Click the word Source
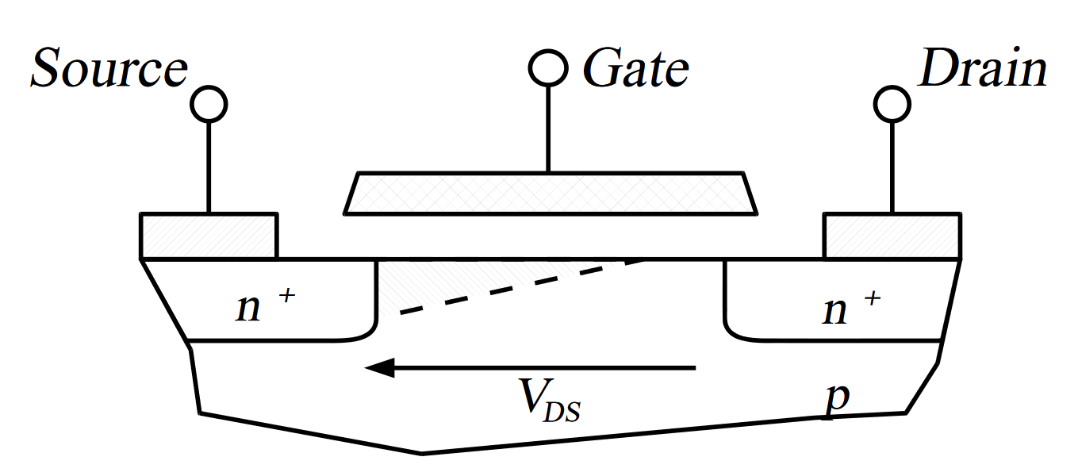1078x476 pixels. pos(109,70)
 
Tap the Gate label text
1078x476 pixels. pos(635,70)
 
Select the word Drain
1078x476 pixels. pos(982,70)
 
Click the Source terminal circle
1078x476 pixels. pos(209,104)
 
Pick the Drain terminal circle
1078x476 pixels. pos(892,104)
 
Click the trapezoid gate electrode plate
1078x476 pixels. pos(551,193)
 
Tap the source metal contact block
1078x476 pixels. pos(209,236)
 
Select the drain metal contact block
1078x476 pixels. pos(892,236)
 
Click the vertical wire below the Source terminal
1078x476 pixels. pos(209,167)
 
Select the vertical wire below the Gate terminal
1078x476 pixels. pos(547,127)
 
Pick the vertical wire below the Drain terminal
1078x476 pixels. pos(892,167)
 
